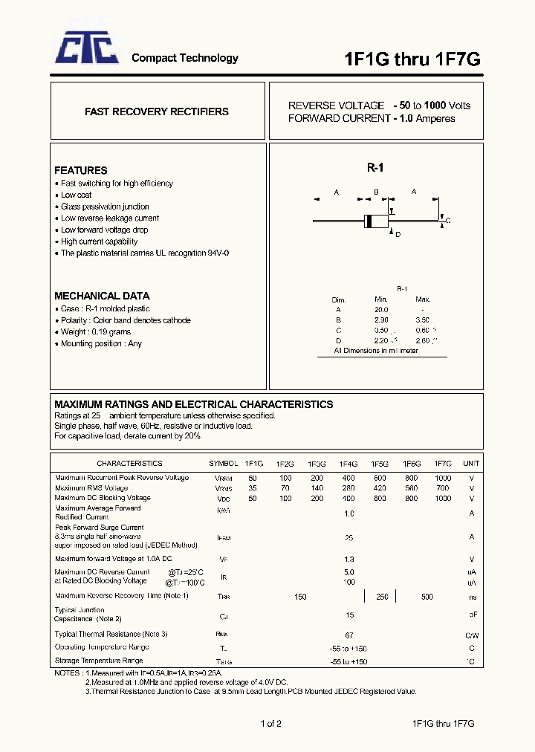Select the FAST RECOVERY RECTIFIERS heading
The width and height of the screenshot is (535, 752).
pyautogui.click(x=156, y=111)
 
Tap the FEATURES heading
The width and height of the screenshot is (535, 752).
pyautogui.click(x=80, y=170)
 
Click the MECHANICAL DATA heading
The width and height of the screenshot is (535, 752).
pyautogui.click(x=102, y=296)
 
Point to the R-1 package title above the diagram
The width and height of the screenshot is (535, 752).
pyautogui.click(x=374, y=169)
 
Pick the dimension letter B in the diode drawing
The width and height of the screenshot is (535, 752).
pyautogui.click(x=376, y=192)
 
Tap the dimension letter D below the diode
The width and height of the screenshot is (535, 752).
pyautogui.click(x=398, y=235)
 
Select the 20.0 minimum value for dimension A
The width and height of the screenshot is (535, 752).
pyautogui.click(x=381, y=309)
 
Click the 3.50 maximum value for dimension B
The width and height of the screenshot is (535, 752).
pyautogui.click(x=423, y=320)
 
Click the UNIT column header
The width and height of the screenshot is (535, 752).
pyautogui.click(x=471, y=463)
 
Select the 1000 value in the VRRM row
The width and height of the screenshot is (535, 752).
pyautogui.click(x=442, y=478)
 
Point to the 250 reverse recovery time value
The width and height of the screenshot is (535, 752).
pyautogui.click(x=382, y=597)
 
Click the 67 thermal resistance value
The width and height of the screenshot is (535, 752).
pyautogui.click(x=348, y=635)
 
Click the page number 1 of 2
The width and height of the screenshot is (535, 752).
pyautogui.click(x=270, y=724)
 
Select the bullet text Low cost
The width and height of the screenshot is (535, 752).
pyautogui.click(x=76, y=195)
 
